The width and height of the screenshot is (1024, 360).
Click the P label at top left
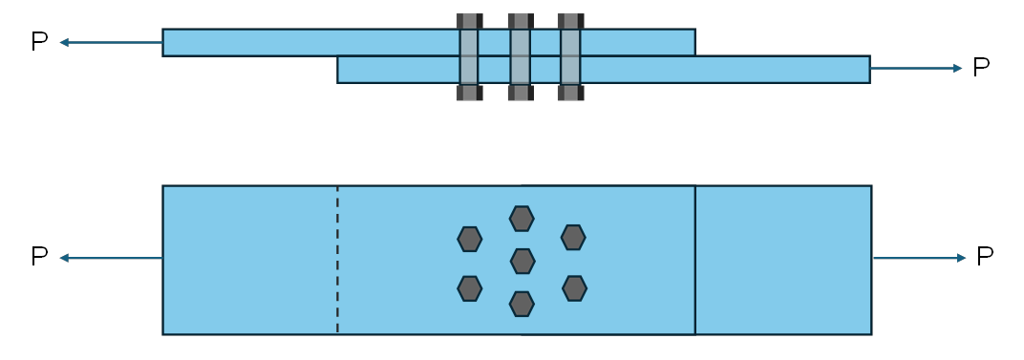click(x=39, y=42)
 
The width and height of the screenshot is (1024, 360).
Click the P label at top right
click(x=981, y=67)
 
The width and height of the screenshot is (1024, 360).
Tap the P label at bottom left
click(x=39, y=257)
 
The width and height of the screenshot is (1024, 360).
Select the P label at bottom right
click(x=985, y=257)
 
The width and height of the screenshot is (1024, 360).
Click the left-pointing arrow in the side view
click(x=110, y=42)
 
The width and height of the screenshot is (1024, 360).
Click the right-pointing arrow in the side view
click(x=915, y=68)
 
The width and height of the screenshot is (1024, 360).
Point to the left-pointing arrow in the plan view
click(x=110, y=258)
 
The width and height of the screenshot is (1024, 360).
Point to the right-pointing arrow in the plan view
click(x=919, y=258)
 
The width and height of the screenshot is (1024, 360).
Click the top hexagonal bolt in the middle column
click(x=522, y=219)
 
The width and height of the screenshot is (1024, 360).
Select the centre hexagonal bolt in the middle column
click(x=522, y=261)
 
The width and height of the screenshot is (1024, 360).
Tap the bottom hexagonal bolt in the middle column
click(x=522, y=304)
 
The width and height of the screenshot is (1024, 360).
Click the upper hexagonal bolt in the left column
click(x=469, y=239)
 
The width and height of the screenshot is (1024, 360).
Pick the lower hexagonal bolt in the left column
click(x=469, y=288)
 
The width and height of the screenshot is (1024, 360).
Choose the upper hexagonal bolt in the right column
click(x=573, y=237)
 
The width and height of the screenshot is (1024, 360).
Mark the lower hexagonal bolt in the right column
click(x=574, y=287)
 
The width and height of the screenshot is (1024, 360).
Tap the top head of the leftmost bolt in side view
click(x=469, y=21)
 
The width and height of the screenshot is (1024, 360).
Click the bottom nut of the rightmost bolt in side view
click(x=570, y=93)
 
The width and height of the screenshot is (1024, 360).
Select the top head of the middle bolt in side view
click(x=521, y=21)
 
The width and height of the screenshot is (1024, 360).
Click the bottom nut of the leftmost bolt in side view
click(x=469, y=93)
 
